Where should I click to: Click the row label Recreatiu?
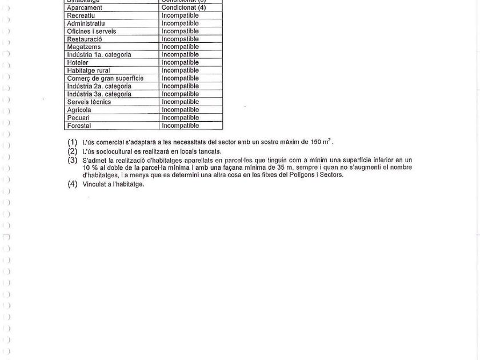click(x=81, y=15)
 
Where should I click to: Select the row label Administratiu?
click(x=85, y=23)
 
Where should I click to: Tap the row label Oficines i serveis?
click(x=91, y=31)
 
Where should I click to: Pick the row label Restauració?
click(x=84, y=39)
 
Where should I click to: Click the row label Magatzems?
click(x=83, y=47)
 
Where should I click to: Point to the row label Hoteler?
click(x=78, y=62)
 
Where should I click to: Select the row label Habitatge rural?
click(x=88, y=70)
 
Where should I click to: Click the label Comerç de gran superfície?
click(x=105, y=78)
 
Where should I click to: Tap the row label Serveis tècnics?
click(x=89, y=102)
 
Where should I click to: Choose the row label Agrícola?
click(x=79, y=110)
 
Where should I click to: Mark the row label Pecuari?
click(x=78, y=118)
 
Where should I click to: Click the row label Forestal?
click(x=79, y=126)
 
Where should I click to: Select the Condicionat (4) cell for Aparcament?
click(x=183, y=7)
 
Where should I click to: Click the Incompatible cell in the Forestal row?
click(x=180, y=126)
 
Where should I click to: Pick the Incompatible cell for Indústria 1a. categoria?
click(x=180, y=55)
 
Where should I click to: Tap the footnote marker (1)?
click(x=72, y=142)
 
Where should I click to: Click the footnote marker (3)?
click(x=72, y=160)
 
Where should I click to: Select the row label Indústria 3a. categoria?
click(x=99, y=94)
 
